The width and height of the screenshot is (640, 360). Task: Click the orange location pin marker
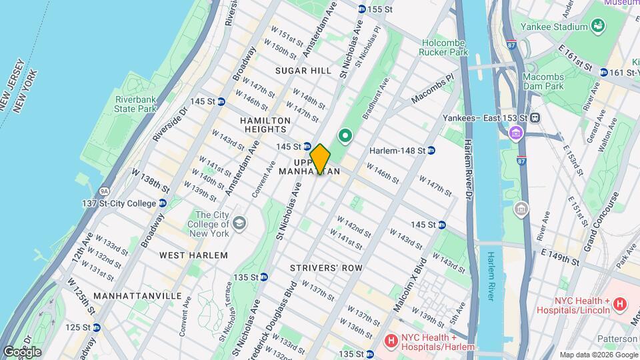click(320, 159)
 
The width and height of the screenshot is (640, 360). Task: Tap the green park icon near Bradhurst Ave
click(345, 137)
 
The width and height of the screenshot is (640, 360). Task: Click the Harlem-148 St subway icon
click(431, 151)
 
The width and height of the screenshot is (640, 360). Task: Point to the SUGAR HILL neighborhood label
click(303, 71)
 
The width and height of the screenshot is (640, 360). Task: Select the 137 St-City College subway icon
click(162, 203)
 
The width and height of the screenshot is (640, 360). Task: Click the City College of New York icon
click(239, 223)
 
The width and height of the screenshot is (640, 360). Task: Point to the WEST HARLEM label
click(193, 255)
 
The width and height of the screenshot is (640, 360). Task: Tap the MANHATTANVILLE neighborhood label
click(137, 295)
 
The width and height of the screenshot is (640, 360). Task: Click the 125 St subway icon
click(97, 327)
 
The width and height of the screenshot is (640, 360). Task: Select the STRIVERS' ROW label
click(326, 268)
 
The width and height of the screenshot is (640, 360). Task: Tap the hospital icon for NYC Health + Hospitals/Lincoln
click(619, 305)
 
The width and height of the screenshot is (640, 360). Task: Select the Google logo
click(22, 351)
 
